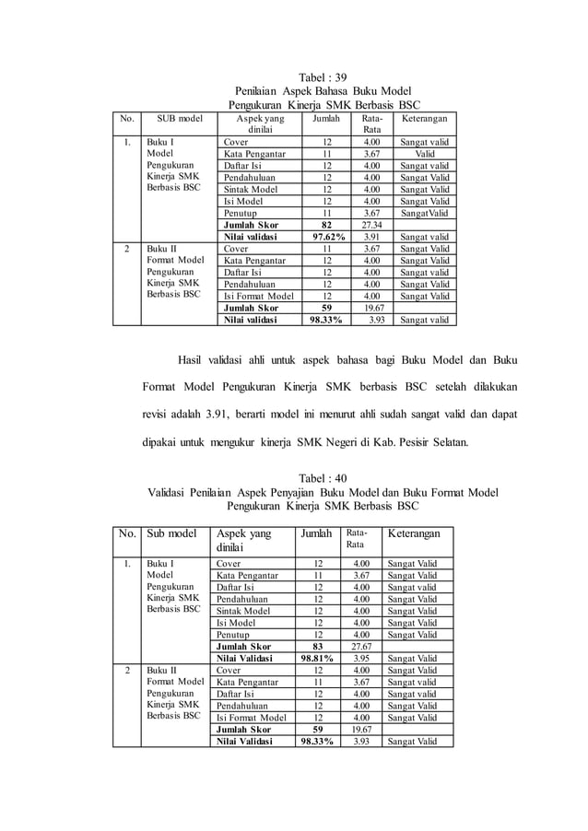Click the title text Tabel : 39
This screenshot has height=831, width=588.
coord(323,76)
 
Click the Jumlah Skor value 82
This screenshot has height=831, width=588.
coord(325,224)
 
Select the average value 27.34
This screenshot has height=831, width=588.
coord(371,224)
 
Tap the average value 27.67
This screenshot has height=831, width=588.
coord(368,647)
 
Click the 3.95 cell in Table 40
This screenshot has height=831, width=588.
coord(368,659)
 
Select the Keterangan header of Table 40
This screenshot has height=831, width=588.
coord(413,533)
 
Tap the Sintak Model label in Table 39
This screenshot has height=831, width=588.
coord(248,189)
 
